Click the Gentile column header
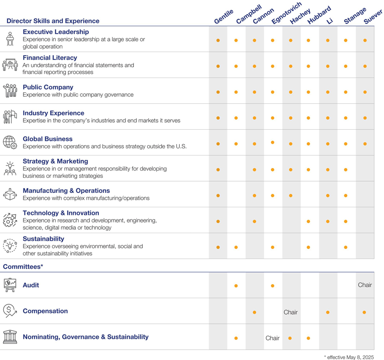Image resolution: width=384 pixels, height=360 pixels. pos(223,16)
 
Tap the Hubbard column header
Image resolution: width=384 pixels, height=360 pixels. pos(319,15)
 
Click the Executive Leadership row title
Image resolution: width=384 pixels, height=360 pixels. pos(56,32)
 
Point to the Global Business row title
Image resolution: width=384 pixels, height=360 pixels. pos(48,139)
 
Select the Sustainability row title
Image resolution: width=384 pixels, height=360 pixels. pos(44,239)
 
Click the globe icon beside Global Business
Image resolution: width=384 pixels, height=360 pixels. pos(9,142)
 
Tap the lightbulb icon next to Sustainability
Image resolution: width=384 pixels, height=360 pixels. pos(9,246)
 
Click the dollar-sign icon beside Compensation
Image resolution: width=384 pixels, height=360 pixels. pos(9,311)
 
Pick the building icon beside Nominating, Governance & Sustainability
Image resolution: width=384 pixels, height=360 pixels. pos(9,337)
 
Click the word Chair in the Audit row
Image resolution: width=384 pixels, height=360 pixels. pos(365,285)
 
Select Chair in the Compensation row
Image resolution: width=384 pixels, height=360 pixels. pos(290,312)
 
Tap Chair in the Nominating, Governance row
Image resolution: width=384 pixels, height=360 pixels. pos(273,338)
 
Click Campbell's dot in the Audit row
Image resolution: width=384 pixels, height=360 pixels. pos(236,286)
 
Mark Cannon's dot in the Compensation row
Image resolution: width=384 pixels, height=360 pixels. pos(254,312)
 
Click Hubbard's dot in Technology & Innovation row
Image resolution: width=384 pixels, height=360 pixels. pos(308,221)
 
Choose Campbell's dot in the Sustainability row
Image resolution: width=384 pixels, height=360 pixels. pos(236,247)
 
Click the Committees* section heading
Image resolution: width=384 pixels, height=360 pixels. pos(23,266)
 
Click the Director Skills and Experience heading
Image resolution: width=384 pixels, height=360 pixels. pos(52,21)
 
